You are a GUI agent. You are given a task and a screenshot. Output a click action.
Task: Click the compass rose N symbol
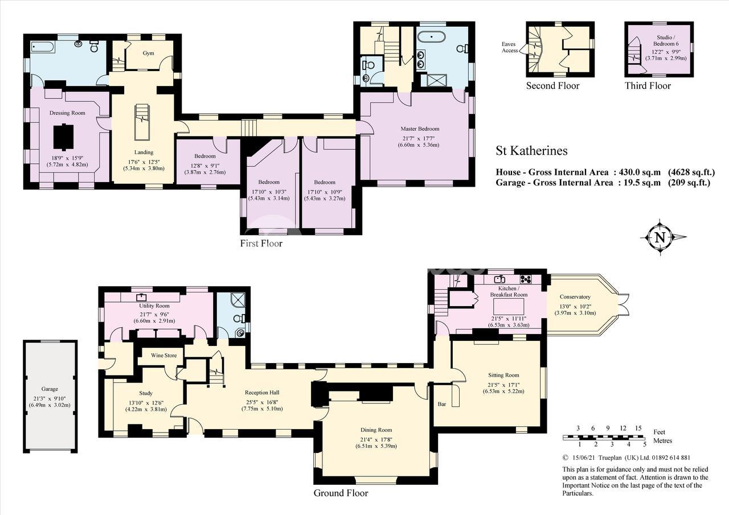[660, 237]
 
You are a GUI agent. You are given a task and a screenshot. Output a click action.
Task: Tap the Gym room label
[149, 53]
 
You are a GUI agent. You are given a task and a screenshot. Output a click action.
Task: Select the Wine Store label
[163, 355]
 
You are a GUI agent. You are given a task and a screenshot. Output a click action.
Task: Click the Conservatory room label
[575, 297]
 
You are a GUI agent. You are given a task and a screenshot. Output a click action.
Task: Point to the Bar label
[442, 404]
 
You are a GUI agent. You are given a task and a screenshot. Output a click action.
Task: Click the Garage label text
[50, 389]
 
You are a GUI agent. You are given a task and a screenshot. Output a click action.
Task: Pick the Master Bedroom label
[420, 129]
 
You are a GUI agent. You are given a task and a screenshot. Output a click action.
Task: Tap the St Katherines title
[532, 151]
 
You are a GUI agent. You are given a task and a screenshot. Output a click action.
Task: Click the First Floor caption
[261, 244]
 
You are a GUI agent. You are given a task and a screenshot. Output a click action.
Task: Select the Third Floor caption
[648, 86]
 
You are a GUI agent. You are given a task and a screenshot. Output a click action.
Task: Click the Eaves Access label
[509, 47]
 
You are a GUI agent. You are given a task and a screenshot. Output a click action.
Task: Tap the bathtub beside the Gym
[43, 47]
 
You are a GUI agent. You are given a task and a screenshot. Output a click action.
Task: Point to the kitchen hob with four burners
[526, 279]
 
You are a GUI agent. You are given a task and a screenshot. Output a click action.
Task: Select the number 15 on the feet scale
[638, 428]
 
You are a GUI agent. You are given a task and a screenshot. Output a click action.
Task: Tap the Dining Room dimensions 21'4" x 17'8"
[376, 440]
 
